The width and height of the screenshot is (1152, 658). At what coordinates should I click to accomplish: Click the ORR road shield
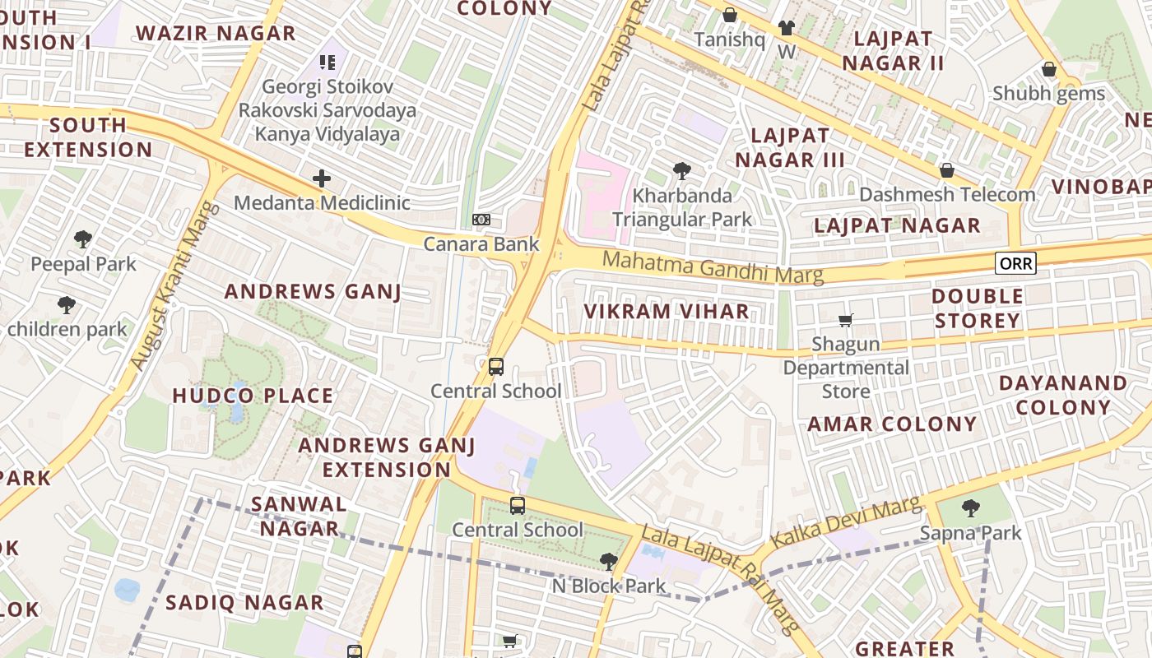pos(1015,263)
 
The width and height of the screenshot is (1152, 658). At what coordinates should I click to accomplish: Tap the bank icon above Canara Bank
pos(481,220)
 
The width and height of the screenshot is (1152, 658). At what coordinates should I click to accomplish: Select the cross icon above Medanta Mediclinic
pos(322,178)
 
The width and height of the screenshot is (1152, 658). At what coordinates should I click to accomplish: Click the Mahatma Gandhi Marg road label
pos(713,268)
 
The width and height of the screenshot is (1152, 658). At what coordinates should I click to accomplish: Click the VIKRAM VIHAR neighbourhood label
pos(667,312)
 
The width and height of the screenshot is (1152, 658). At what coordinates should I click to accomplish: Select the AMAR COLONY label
pos(892,424)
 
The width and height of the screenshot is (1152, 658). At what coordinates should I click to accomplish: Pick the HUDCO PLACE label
pos(253,396)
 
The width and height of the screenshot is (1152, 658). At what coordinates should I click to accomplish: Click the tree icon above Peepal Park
pos(82,239)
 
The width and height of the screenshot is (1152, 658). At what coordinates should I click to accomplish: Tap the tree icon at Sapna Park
pos(971,507)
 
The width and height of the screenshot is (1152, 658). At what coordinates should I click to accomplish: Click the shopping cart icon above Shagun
pos(845,320)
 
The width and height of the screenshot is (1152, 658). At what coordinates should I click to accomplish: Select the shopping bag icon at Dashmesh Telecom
pos(947,170)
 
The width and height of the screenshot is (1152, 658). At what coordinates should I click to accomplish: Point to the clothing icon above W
pos(786,28)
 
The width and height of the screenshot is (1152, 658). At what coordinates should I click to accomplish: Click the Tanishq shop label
pos(729,39)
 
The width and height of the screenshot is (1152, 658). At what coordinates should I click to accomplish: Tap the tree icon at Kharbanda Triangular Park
pos(681,171)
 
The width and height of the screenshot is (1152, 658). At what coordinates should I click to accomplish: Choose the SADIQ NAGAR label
pos(244,603)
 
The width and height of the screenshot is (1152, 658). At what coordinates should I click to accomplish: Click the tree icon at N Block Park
pos(608,562)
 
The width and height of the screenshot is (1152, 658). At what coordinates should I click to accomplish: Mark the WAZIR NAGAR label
pos(216,34)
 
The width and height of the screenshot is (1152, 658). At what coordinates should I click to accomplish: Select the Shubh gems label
pos(1048,93)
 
